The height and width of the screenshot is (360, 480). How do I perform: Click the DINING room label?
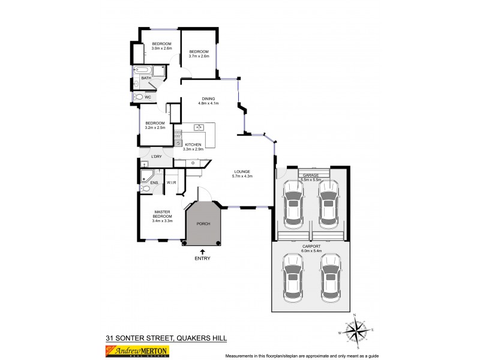(208, 98)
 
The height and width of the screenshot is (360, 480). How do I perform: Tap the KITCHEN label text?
(193, 145)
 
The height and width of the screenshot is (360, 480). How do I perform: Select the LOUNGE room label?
(242, 172)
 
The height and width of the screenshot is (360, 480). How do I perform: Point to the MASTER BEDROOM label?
(163, 214)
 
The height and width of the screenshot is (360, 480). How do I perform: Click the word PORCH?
(203, 223)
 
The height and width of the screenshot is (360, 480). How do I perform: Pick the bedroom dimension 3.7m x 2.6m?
(199, 56)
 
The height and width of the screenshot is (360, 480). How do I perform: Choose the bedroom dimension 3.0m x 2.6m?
(161, 49)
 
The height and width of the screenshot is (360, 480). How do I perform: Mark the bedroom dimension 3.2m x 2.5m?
(155, 128)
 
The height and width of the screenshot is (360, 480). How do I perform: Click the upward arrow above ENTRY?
(202, 252)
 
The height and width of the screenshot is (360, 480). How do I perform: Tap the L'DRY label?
(156, 157)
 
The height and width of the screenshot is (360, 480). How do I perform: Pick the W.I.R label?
(171, 182)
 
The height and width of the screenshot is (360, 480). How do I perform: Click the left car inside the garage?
(293, 203)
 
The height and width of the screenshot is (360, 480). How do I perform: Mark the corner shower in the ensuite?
(145, 176)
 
